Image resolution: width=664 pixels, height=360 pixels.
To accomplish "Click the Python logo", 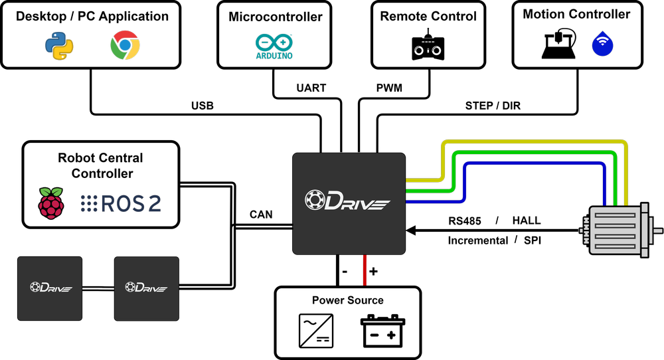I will tap(59, 46).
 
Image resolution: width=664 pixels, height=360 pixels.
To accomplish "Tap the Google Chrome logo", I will tap(125, 46).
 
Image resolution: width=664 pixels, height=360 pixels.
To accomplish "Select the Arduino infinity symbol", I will tap(274, 42).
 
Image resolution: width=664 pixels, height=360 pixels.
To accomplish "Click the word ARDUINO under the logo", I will tap(274, 56).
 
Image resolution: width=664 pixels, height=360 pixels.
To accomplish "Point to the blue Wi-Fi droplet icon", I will tap(602, 44).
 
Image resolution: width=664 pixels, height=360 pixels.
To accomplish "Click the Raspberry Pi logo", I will tap(51, 203).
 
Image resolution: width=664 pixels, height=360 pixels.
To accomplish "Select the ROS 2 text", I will tap(131, 204).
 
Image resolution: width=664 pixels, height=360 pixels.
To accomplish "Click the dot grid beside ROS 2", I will tap(89, 204).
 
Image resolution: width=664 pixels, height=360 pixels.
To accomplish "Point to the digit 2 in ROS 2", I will tap(154, 204).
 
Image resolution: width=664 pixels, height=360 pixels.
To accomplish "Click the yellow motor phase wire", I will tap(531, 142).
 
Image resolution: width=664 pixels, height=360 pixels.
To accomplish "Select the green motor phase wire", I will tap(531, 153).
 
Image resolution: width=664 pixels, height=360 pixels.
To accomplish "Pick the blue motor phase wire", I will tap(531, 163).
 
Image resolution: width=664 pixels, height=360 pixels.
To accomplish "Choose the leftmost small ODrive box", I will tap(50, 288).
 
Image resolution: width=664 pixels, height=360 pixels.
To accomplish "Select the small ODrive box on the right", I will tap(146, 288).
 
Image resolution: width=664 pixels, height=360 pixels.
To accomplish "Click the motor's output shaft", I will tap(657, 231).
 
